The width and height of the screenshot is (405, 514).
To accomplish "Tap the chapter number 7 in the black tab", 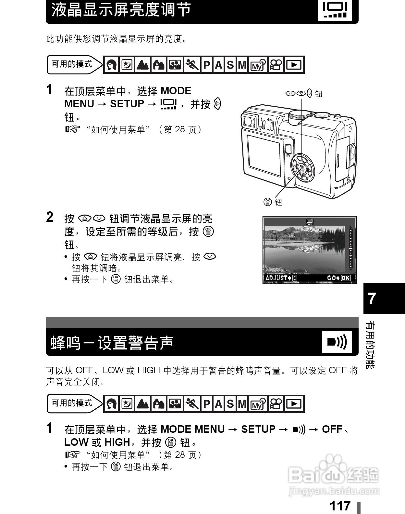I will coord(372,298).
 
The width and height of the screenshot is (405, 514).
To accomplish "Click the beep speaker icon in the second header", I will coord(337,342).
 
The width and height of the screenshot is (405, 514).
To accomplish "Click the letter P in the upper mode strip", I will coord(207,65).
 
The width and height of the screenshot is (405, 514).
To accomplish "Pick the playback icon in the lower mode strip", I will coord(294,404).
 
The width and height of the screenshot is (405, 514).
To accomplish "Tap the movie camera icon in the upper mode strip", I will coord(276,65).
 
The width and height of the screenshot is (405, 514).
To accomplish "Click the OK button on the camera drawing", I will coord(302,168).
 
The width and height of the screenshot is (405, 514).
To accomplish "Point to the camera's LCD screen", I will coord(264,155).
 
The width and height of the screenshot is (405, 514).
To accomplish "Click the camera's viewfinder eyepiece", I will coord(249,121).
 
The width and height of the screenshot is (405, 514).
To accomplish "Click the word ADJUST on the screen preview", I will coord(276,278).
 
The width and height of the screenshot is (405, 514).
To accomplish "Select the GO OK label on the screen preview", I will coord(338,278).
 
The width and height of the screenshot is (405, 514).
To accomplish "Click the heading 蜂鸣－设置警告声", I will coord(112,343).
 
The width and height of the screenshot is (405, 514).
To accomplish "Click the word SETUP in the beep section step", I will coord(258,429).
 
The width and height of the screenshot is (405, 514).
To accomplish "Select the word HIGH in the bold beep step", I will coord(117,442).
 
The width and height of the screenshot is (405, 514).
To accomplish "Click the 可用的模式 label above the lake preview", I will coord(72,64).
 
